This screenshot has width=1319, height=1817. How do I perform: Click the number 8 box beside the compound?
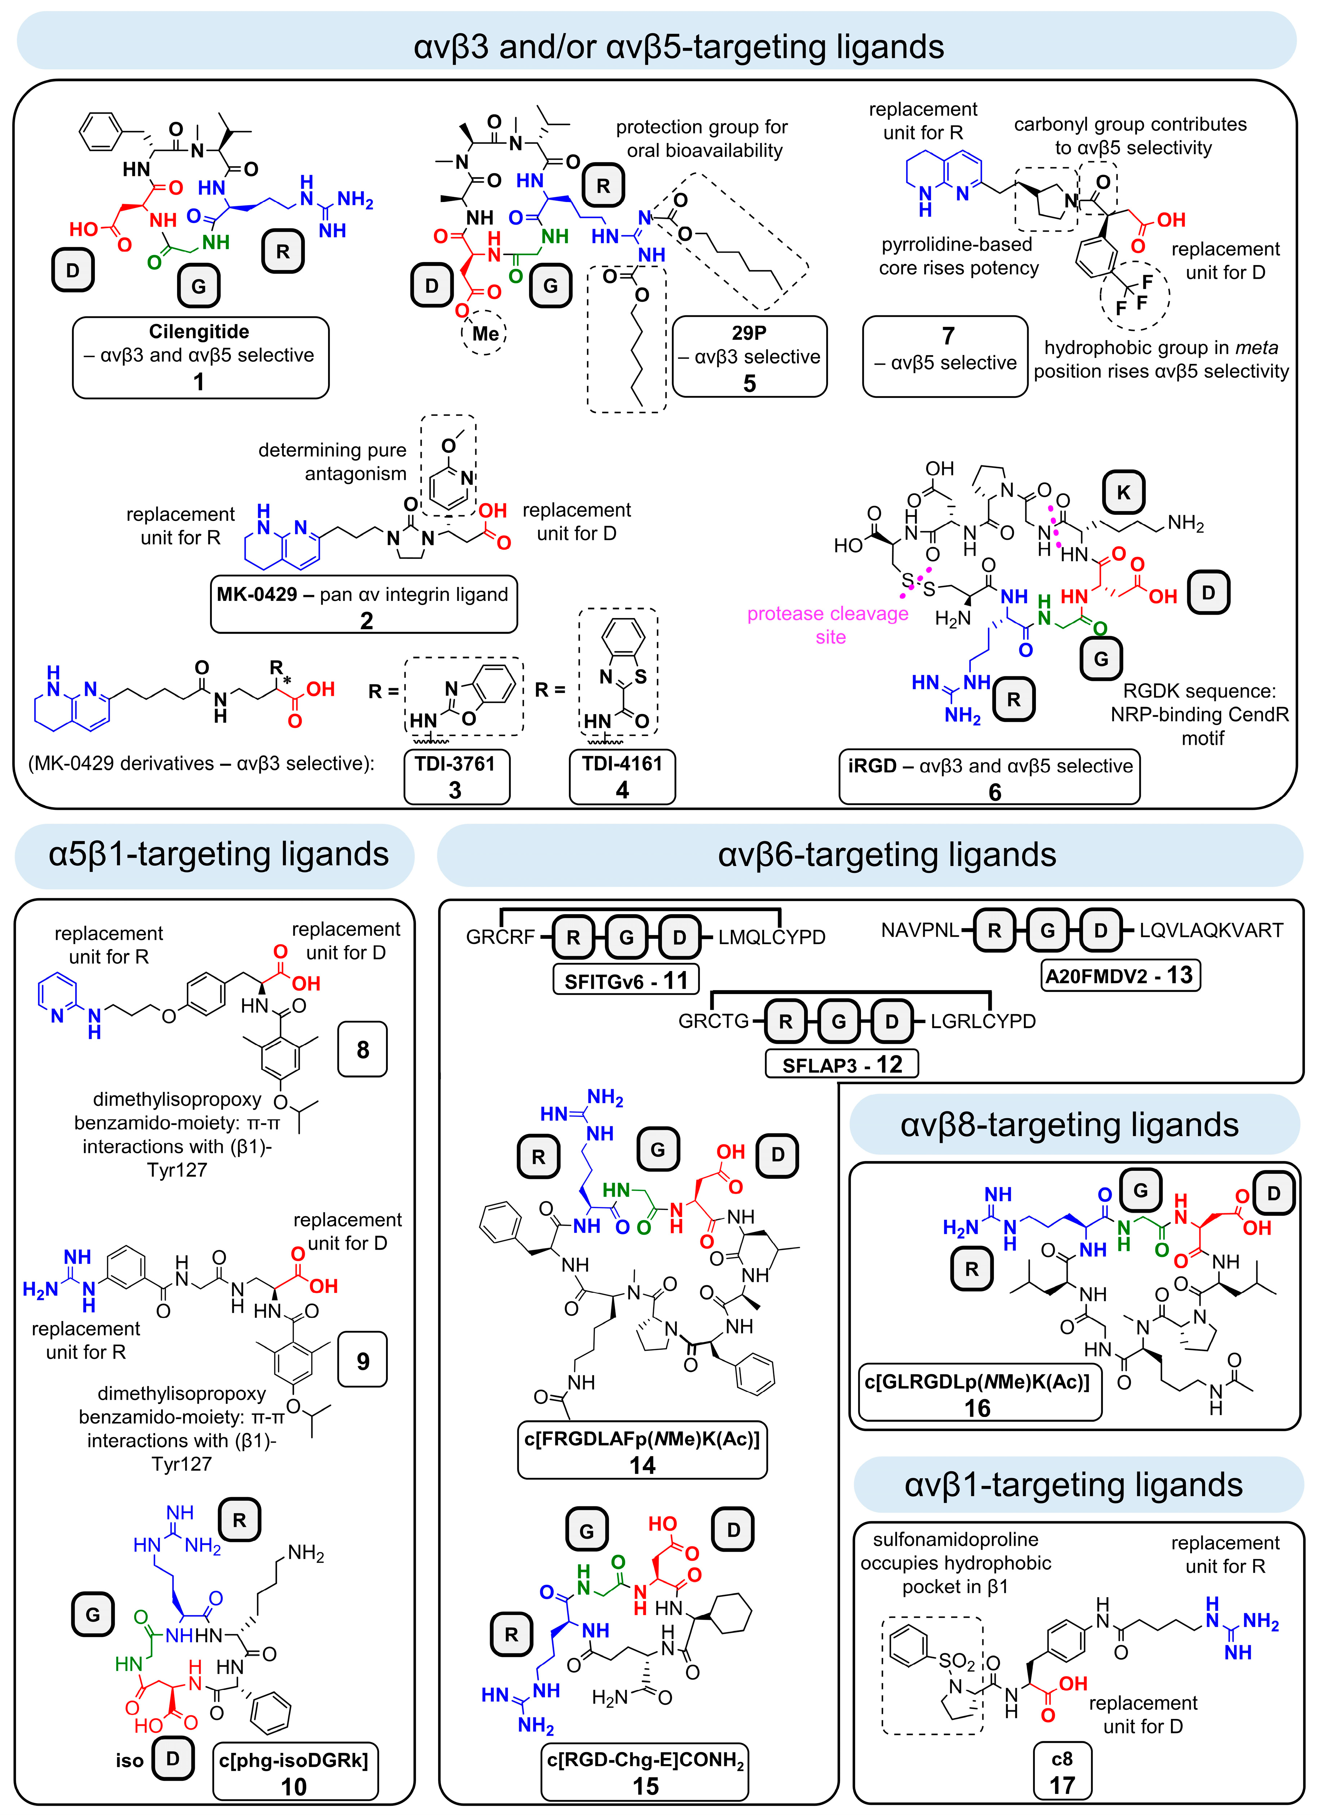point(363,1050)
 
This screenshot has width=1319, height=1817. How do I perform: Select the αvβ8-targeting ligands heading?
point(1070,1125)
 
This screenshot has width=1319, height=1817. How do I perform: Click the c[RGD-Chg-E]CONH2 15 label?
point(645,1771)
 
